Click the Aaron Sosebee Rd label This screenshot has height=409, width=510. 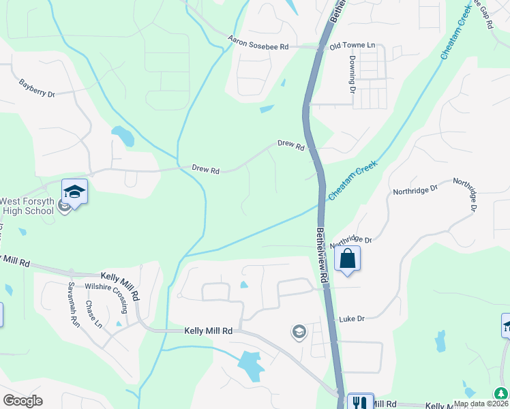[x=258, y=43]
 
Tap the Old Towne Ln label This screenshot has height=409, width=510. [x=352, y=46]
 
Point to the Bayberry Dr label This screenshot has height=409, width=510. [x=37, y=89]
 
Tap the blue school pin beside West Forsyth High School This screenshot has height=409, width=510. [x=74, y=192]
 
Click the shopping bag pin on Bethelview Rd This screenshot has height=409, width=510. [x=347, y=259]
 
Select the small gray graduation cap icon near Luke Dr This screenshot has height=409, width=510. [x=299, y=332]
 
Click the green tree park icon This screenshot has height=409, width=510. [x=501, y=393]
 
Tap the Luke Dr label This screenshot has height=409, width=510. [x=352, y=318]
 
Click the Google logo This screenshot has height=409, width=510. [x=22, y=401]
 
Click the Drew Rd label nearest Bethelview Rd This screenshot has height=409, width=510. [x=290, y=145]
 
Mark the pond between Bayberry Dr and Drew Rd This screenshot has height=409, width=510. [x=123, y=136]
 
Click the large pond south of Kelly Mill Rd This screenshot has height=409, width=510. [x=251, y=366]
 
